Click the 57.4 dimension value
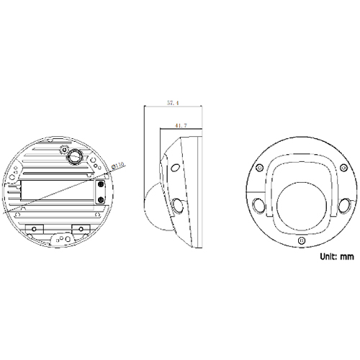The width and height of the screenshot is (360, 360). click(172, 103)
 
